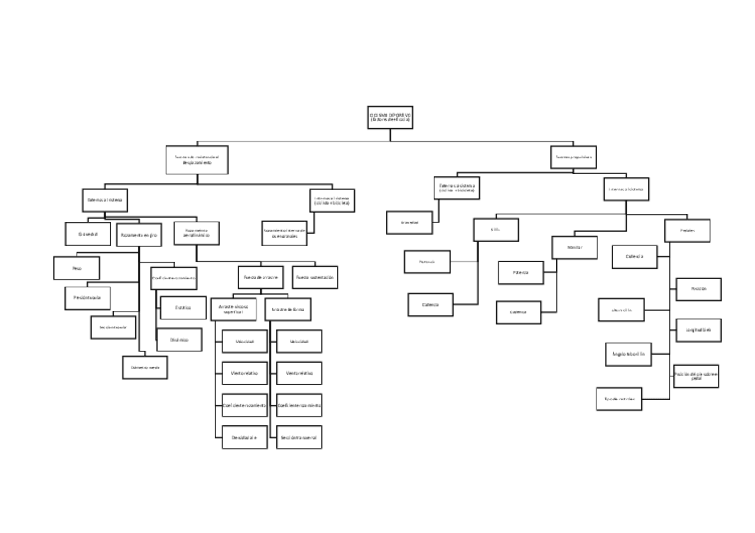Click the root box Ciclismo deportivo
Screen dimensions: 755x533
click(390, 117)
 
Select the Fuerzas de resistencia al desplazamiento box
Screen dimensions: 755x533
click(197, 160)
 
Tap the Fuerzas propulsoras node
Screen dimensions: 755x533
click(574, 157)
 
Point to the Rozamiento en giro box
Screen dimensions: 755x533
click(139, 234)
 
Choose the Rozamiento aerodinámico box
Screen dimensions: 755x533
click(196, 233)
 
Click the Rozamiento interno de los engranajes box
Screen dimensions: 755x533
click(284, 233)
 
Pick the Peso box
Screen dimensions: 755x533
click(77, 268)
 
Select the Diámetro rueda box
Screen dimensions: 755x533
click(144, 367)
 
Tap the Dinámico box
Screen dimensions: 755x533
click(179, 339)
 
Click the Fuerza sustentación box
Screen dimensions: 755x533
click(315, 277)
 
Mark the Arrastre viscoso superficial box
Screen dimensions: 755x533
click(233, 310)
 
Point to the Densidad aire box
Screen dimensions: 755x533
click(245, 438)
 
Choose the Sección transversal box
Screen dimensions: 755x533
click(299, 438)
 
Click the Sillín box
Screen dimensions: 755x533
click(495, 230)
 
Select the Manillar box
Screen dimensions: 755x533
click(574, 246)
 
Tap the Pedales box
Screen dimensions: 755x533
click(687, 230)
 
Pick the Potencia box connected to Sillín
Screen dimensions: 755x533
click(427, 262)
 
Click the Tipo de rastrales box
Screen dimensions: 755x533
click(619, 399)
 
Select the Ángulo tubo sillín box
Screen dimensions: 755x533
click(629, 354)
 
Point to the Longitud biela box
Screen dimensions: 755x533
click(698, 330)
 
